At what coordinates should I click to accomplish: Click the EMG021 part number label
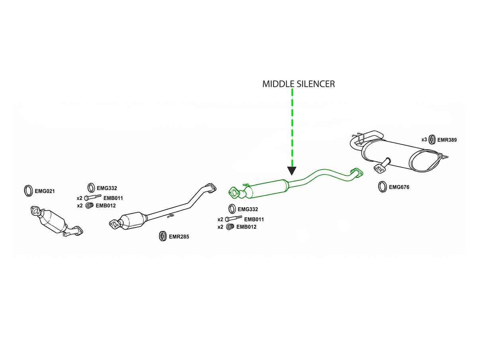(x=45, y=191)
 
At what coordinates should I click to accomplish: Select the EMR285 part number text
(x=179, y=237)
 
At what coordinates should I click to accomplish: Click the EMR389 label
(x=447, y=140)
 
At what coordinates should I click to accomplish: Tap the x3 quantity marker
(x=424, y=139)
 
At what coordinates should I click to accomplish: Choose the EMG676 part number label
(x=399, y=187)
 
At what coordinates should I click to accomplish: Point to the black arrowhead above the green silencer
(x=292, y=171)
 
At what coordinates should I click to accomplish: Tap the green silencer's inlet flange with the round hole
(x=234, y=193)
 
